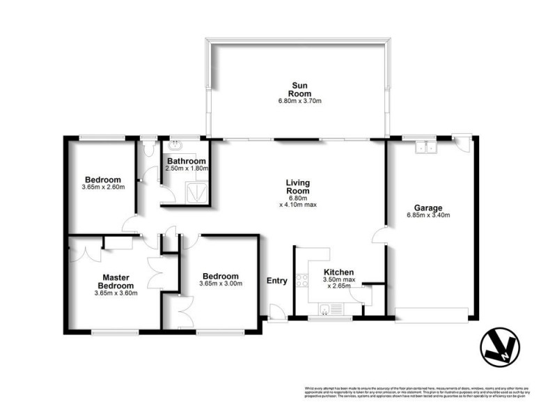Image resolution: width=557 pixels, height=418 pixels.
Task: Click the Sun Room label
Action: tap(300, 89)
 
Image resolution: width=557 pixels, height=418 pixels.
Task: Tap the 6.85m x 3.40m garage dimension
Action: tap(428, 215)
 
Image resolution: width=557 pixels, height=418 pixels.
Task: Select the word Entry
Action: tap(276, 281)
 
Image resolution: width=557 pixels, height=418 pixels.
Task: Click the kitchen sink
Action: tap(326, 309)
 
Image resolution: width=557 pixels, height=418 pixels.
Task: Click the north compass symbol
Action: tap(500, 346)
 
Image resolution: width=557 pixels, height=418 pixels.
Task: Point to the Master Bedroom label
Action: tap(115, 281)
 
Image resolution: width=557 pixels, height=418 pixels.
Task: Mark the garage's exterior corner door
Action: tap(460, 141)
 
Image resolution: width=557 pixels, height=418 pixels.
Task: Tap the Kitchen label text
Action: tap(339, 272)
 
